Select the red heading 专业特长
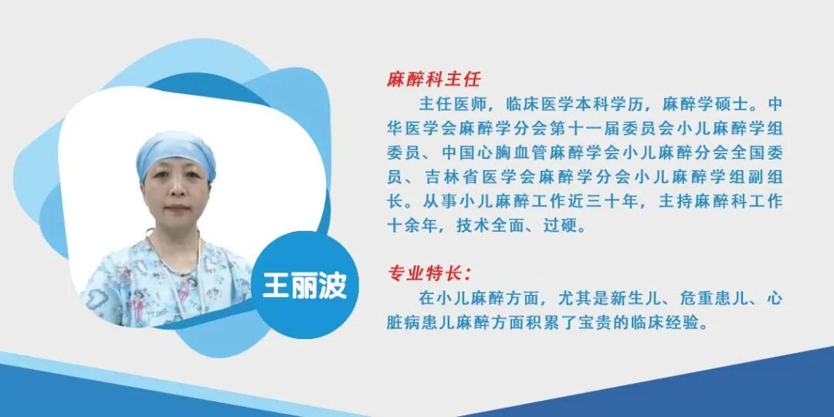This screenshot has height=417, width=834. (x=427, y=273)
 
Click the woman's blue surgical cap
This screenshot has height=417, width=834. (x=175, y=151)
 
